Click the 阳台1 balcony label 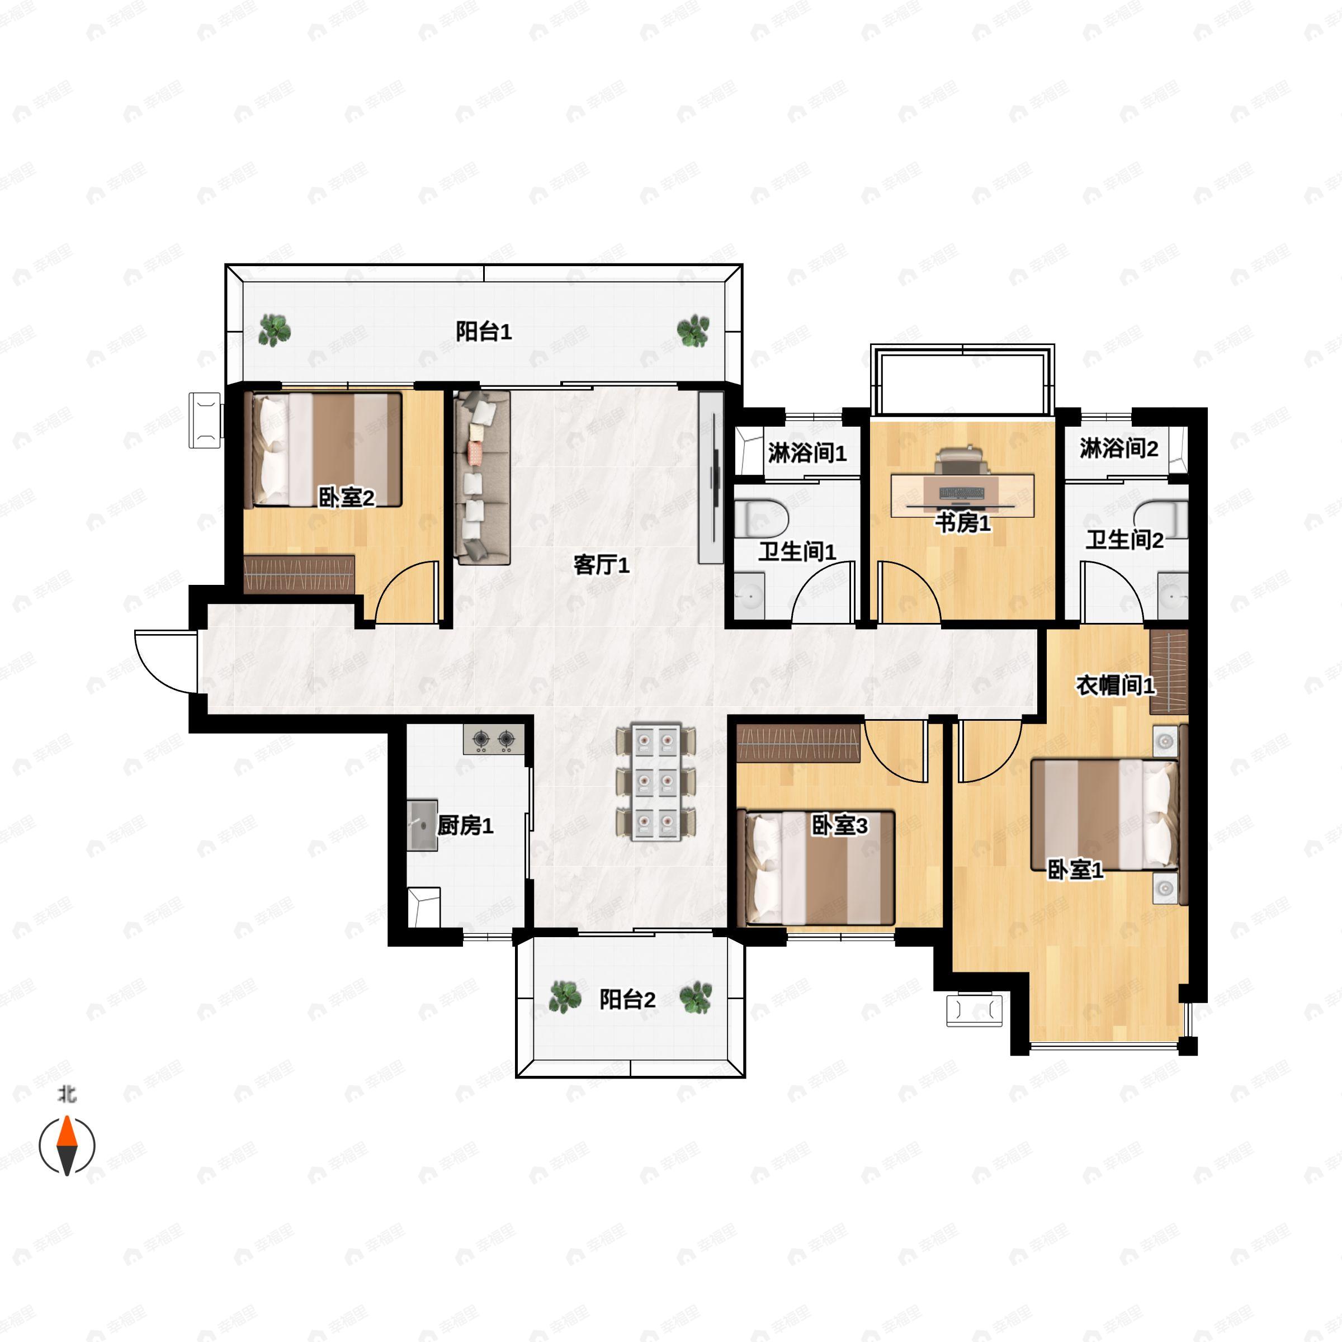484,332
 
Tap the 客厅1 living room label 602,565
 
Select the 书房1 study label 963,523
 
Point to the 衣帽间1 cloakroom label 1116,686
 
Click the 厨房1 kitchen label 465,826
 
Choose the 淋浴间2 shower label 1119,448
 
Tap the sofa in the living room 482,477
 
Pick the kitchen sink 422,825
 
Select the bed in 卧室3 820,868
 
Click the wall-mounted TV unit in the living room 711,477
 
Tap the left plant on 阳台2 565,998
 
